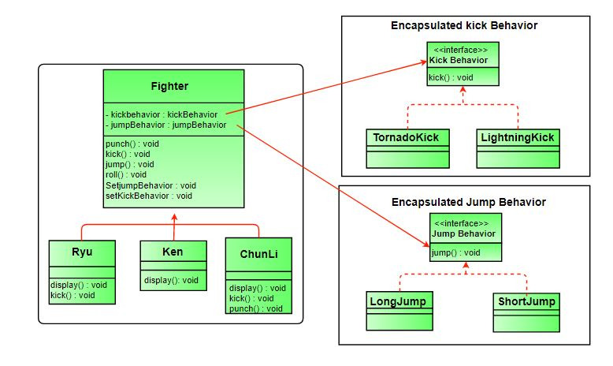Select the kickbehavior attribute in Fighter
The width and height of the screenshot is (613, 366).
point(161,114)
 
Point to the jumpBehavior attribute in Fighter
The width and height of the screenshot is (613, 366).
point(165,125)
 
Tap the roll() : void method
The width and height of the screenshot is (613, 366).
point(125,175)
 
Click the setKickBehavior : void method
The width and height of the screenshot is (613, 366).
point(148,196)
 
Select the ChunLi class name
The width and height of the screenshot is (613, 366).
point(258,254)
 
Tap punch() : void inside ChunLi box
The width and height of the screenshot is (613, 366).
point(255,308)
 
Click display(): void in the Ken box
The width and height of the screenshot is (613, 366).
point(171,280)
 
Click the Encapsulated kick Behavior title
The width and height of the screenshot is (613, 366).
point(464,26)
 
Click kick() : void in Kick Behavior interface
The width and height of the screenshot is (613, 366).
point(450,77)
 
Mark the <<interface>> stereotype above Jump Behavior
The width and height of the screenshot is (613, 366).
point(465,223)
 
